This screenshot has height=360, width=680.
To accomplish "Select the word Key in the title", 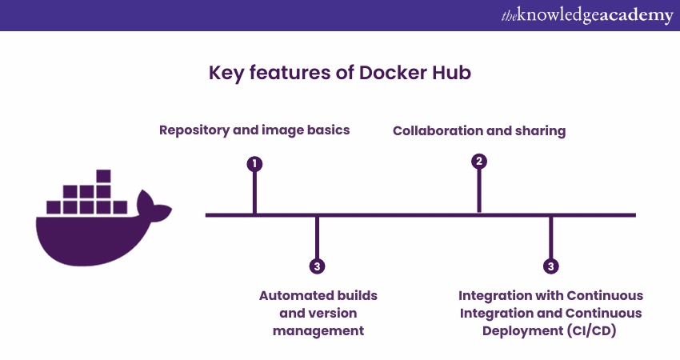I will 226,74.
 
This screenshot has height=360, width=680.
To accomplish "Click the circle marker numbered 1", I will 254,164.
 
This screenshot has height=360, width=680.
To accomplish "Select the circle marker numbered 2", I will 479,162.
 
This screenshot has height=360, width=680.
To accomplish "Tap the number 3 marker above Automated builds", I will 317,266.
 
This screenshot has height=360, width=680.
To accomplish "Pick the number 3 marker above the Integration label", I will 550,266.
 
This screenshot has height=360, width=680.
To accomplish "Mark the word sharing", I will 539,131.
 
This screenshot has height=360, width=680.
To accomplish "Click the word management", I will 318,330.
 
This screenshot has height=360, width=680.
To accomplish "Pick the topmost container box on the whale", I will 102,176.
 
